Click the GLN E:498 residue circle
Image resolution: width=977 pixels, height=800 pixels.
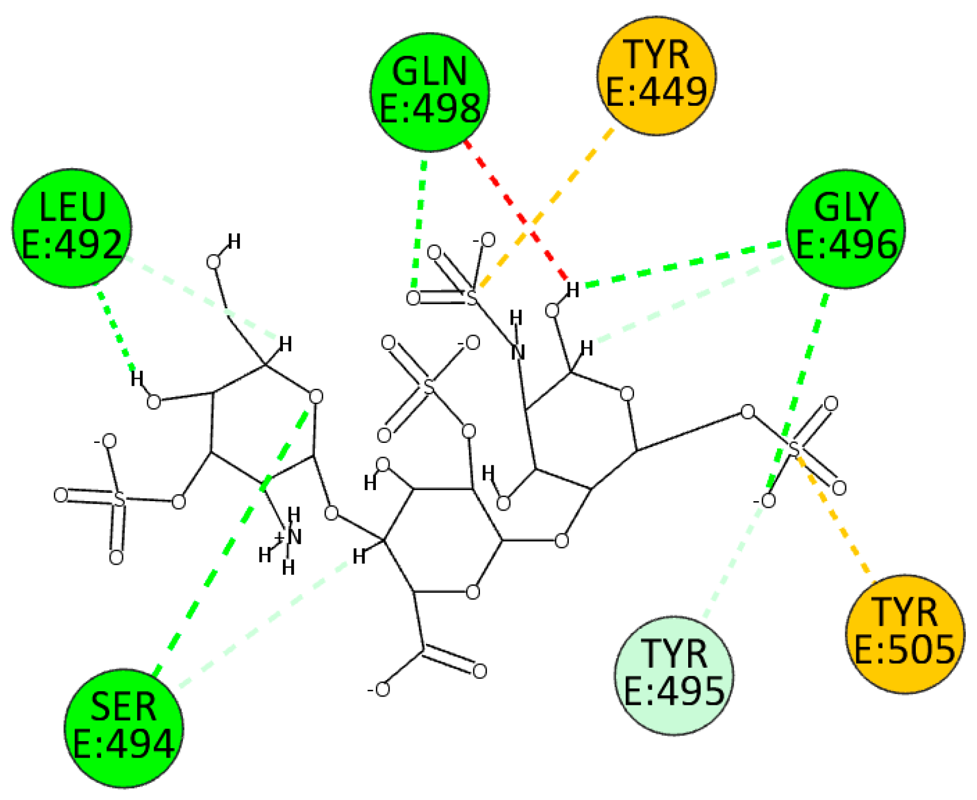pyautogui.click(x=430, y=92)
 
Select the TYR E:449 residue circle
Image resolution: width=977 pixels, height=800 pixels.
pyautogui.click(x=656, y=74)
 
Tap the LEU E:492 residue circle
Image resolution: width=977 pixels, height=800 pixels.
pyautogui.click(x=71, y=227)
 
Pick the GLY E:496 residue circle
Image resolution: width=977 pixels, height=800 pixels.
pyautogui.click(x=845, y=228)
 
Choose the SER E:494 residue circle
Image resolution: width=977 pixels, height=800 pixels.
pyautogui.click(x=124, y=728)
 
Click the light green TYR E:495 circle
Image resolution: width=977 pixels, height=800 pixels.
pyautogui.click(x=673, y=675)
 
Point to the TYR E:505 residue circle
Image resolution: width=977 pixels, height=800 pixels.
pyautogui.click(x=905, y=634)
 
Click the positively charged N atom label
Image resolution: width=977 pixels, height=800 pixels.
pyautogui.click(x=292, y=536)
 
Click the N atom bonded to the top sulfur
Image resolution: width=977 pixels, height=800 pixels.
pyautogui.click(x=518, y=352)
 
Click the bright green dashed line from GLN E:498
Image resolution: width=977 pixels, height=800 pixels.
pyautogui.click(x=419, y=224)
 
